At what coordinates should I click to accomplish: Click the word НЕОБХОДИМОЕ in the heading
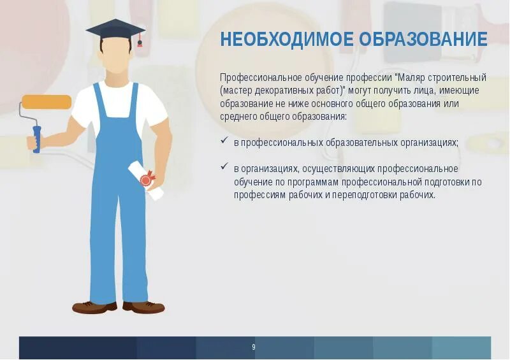click(287, 40)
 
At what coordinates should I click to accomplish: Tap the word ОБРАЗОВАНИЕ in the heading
click(423, 40)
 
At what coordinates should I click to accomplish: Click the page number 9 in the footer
click(253, 347)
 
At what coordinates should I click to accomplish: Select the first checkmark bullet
click(224, 141)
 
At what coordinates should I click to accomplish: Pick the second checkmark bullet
click(224, 167)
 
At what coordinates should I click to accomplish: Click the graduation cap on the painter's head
click(115, 29)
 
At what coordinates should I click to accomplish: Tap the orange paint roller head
click(46, 102)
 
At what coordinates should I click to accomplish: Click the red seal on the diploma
click(146, 180)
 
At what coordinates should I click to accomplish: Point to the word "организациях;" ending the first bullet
click(427, 142)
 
